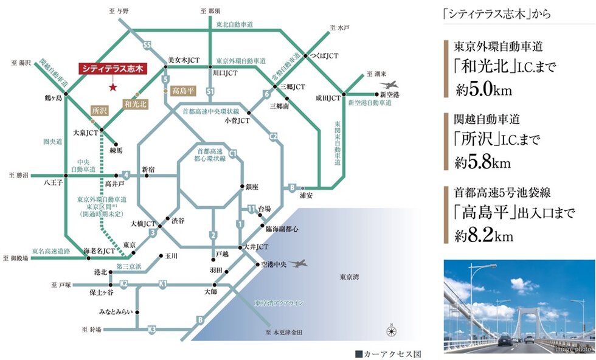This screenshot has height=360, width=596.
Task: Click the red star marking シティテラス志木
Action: click(x=113, y=87)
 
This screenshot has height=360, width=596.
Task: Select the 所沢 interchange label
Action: click(x=99, y=111)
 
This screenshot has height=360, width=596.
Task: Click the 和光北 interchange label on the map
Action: click(x=136, y=104)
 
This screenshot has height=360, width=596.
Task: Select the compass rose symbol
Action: click(x=392, y=331)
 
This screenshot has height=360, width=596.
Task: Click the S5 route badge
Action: click(x=147, y=45)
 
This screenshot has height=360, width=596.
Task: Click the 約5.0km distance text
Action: click(x=483, y=91)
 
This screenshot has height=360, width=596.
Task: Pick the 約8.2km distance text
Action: click(x=484, y=236)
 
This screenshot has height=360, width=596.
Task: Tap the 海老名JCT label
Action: click(x=99, y=251)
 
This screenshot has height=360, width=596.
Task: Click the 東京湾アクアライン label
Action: click(x=279, y=302)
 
